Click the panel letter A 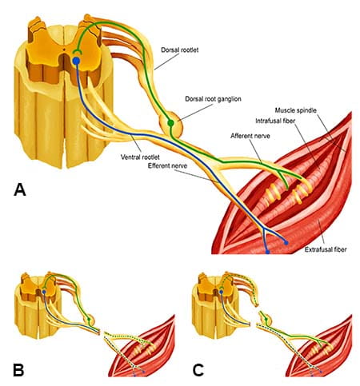(22, 190)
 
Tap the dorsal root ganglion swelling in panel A (172, 124)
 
